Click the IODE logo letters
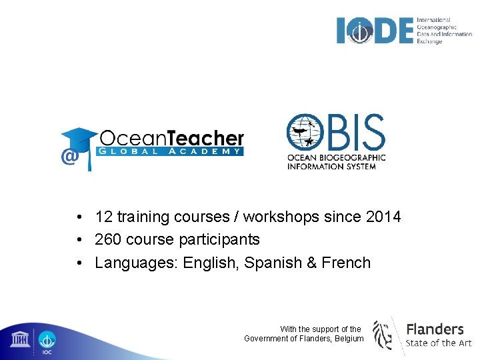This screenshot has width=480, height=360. [375, 31]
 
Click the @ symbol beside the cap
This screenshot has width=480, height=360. [68, 157]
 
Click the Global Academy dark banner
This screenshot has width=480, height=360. [171, 151]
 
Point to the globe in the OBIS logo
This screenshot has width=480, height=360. [308, 133]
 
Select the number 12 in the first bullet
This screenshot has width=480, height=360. [103, 217]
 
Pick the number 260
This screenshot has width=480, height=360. [108, 239]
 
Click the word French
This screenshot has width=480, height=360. [346, 263]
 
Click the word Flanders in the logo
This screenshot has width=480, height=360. [435, 329]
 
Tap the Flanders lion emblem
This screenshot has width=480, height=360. [383, 334]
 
